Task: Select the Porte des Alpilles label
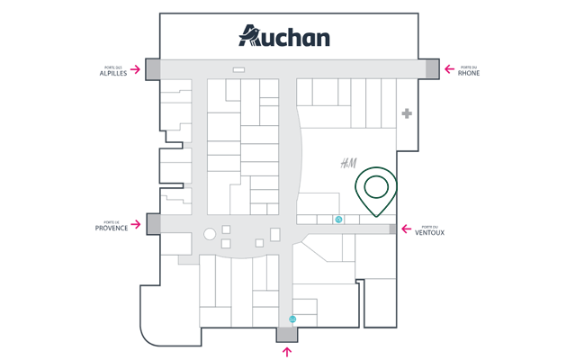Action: tap(113, 70)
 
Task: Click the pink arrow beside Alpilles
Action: tap(136, 69)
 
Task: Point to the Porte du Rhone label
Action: tap(469, 70)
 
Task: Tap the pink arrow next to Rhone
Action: tap(448, 69)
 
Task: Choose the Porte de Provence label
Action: tap(112, 226)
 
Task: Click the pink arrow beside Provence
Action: tap(136, 224)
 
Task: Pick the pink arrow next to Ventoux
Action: tap(407, 229)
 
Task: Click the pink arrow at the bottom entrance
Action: tap(287, 352)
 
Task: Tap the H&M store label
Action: tap(348, 163)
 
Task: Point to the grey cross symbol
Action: tap(407, 113)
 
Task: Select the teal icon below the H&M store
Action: tap(339, 220)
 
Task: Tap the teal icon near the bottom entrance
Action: tap(292, 319)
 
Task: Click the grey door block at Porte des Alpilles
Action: tap(153, 69)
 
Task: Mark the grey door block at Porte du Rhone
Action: tap(432, 68)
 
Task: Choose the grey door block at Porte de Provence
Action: tap(153, 224)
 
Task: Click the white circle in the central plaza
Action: tap(210, 234)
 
